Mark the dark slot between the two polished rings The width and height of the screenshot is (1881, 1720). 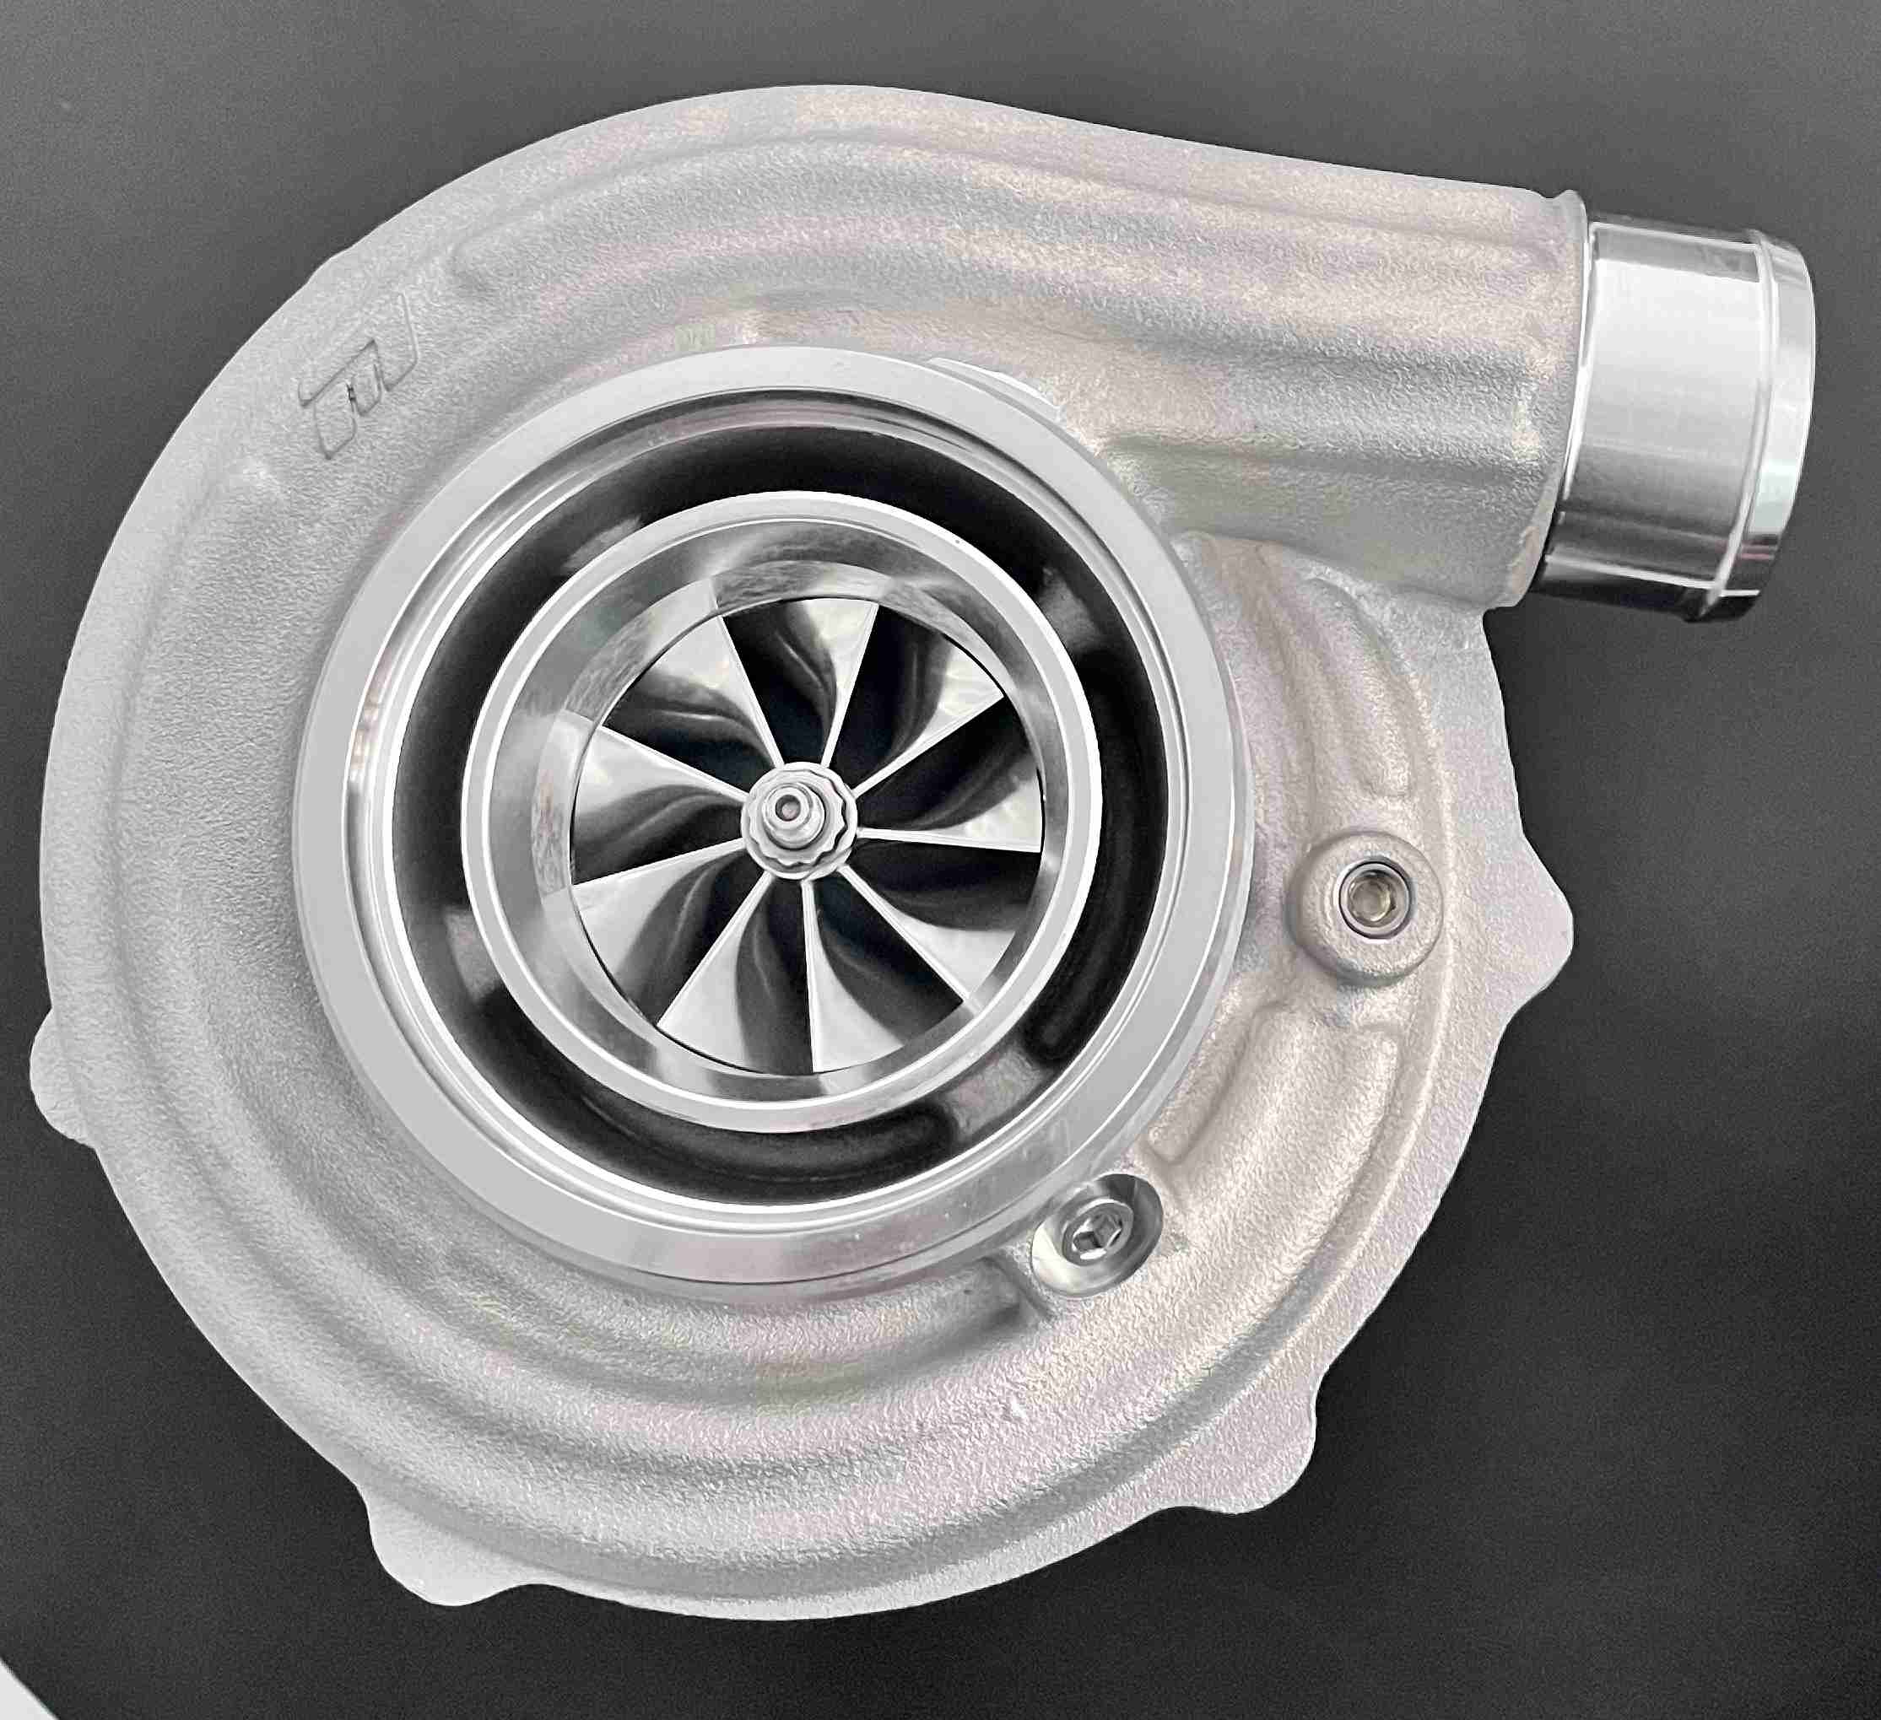click(1133, 896)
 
